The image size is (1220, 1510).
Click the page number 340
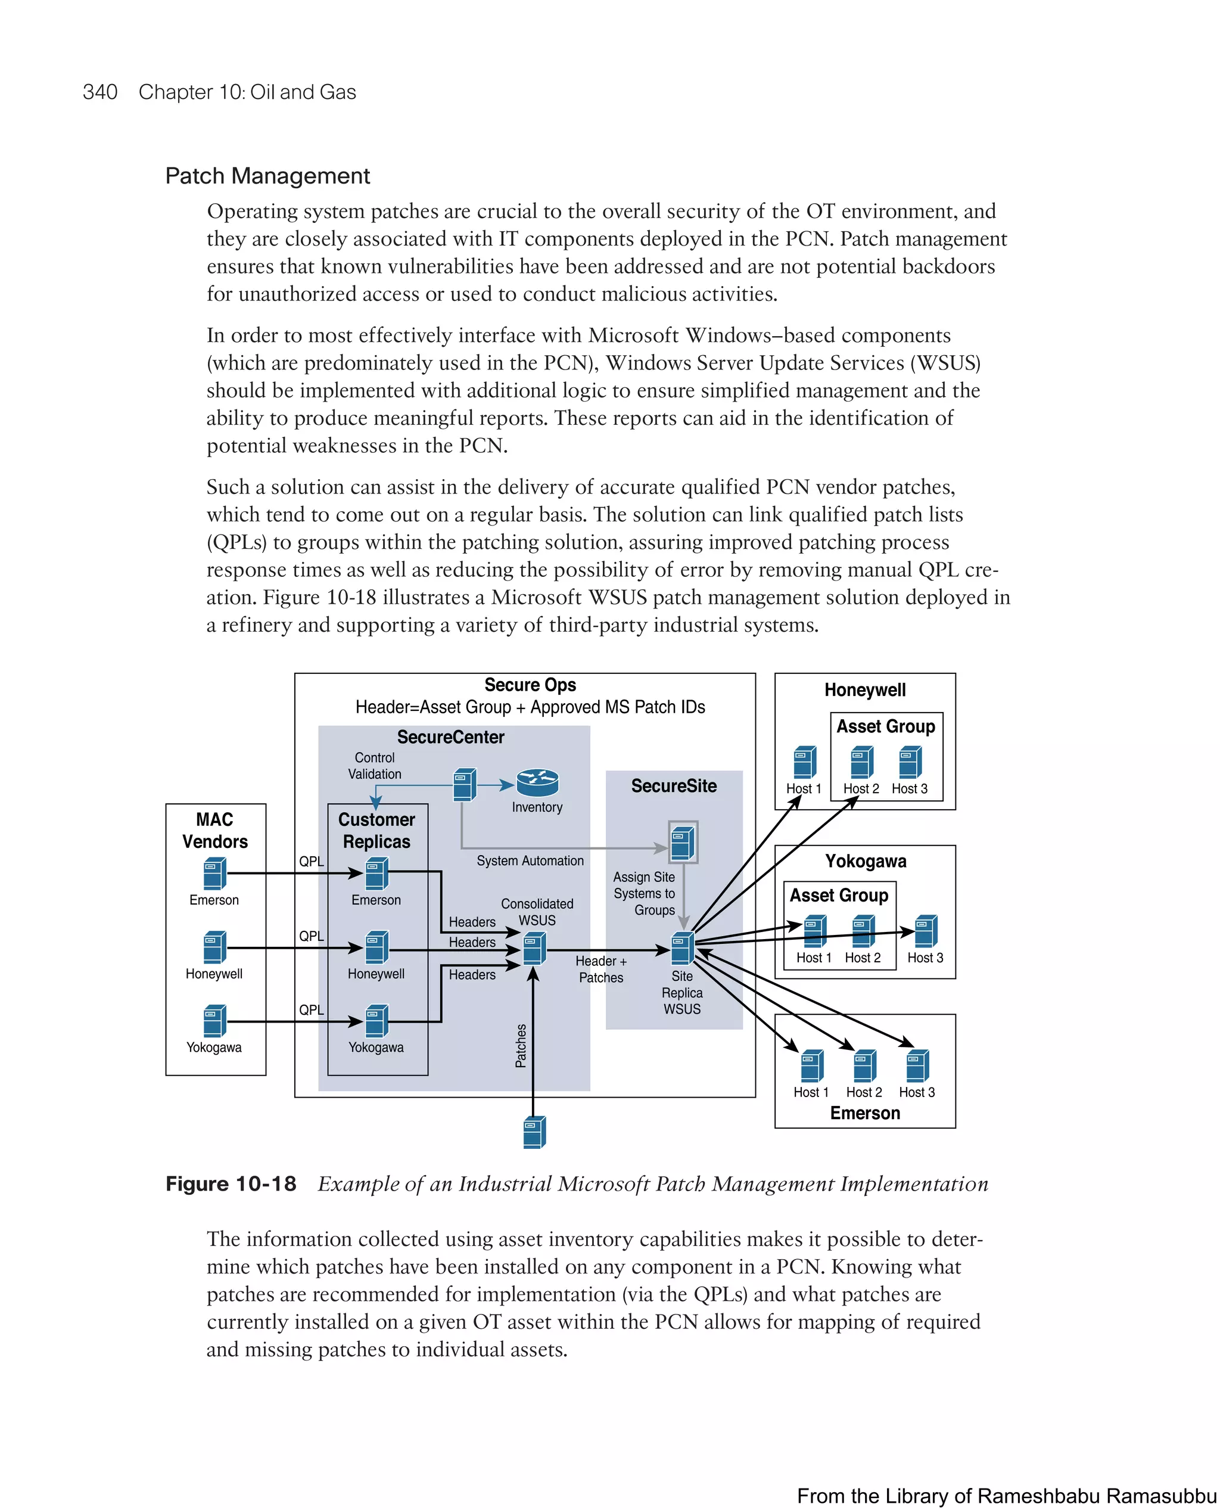[100, 92]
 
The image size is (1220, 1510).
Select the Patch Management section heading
[267, 176]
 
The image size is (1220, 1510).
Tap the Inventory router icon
[537, 782]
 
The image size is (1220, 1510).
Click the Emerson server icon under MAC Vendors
[214, 874]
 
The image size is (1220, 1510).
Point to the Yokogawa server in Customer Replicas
[376, 1021]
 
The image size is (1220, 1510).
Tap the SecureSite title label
[673, 786]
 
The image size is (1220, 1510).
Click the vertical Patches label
[521, 1045]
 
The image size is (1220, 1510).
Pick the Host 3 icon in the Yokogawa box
[926, 931]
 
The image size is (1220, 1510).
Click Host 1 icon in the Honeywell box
[804, 763]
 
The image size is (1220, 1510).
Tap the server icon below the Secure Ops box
[534, 1132]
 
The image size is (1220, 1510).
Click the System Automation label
[530, 860]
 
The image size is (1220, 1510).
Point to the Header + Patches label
[601, 969]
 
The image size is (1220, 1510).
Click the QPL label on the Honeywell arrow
[312, 936]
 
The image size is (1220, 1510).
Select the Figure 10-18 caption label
[231, 1184]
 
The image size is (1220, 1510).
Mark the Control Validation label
[375, 766]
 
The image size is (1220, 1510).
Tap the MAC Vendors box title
[215, 830]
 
